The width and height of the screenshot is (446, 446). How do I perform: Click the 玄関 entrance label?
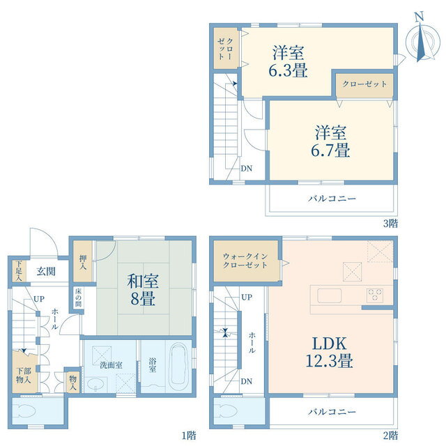(x=46, y=271)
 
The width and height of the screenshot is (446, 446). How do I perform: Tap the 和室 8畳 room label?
(x=143, y=290)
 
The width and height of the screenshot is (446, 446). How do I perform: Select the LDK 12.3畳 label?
(x=330, y=352)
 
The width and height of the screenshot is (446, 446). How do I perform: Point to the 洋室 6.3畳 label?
(x=288, y=61)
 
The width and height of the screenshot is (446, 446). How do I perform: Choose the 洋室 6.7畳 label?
(x=330, y=141)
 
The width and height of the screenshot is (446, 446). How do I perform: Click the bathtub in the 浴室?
(x=178, y=364)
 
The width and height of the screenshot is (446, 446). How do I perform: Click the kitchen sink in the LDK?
(x=330, y=295)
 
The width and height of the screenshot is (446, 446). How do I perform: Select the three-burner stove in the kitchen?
(x=375, y=294)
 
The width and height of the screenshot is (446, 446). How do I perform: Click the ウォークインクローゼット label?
(x=245, y=261)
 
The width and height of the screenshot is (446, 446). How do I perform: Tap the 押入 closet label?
(x=83, y=263)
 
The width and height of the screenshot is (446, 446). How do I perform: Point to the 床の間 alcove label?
(x=78, y=298)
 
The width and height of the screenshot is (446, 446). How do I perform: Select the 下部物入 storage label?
(x=23, y=375)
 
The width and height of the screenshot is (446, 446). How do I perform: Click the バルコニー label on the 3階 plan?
(x=332, y=198)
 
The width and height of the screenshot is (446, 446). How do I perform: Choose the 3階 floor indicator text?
(x=390, y=224)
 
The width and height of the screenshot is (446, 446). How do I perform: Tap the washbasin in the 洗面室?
(x=96, y=385)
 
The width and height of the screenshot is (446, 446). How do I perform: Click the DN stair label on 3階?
(x=246, y=169)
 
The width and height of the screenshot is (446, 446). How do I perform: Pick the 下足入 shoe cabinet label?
(x=19, y=271)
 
